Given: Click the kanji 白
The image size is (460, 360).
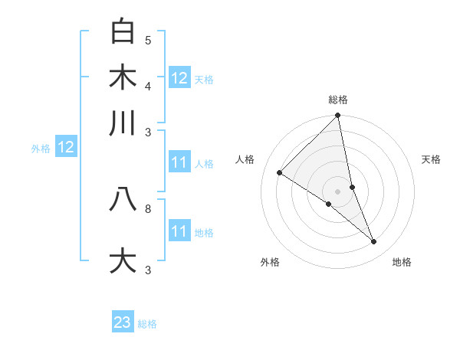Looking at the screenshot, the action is click(x=123, y=32).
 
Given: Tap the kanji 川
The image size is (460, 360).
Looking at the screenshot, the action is click(x=123, y=123).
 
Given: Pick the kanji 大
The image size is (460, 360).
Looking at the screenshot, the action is click(x=123, y=260).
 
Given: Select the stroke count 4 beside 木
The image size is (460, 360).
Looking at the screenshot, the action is click(x=148, y=86).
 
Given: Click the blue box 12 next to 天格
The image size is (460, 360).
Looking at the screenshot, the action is click(x=179, y=78).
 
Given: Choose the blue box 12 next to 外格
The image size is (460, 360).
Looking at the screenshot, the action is click(x=66, y=148).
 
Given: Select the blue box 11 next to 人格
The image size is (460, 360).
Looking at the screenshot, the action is click(x=179, y=163).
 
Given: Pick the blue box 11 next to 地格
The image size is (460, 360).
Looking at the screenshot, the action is click(x=179, y=231).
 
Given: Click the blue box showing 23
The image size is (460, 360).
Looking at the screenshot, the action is click(x=123, y=322).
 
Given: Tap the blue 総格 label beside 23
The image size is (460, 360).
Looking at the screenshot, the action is click(x=147, y=324).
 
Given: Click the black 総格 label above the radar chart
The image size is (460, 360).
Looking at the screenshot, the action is click(x=338, y=100).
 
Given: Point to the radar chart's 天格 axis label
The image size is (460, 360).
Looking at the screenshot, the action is click(x=431, y=159).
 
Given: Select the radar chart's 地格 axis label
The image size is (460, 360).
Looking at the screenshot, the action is click(x=402, y=262).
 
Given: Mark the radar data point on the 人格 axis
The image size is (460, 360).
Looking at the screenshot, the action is click(x=279, y=172).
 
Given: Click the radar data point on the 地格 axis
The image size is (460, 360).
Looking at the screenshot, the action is click(x=374, y=241).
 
